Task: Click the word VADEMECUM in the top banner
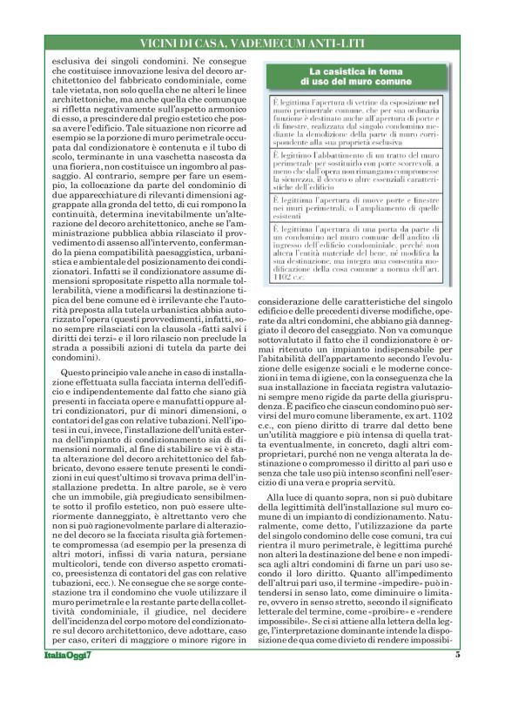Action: click(x=245, y=43)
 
